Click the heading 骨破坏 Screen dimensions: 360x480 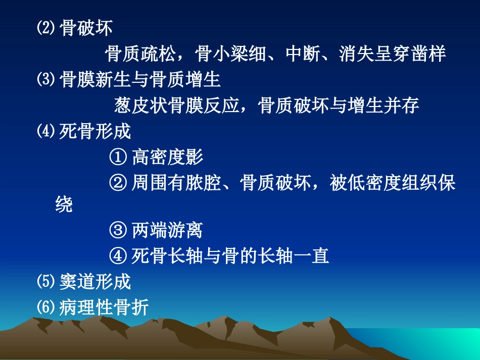pyautogui.click(x=86, y=28)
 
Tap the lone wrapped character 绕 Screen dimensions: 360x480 pyautogui.click(x=64, y=205)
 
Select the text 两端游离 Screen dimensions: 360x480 pyautogui.click(x=167, y=231)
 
